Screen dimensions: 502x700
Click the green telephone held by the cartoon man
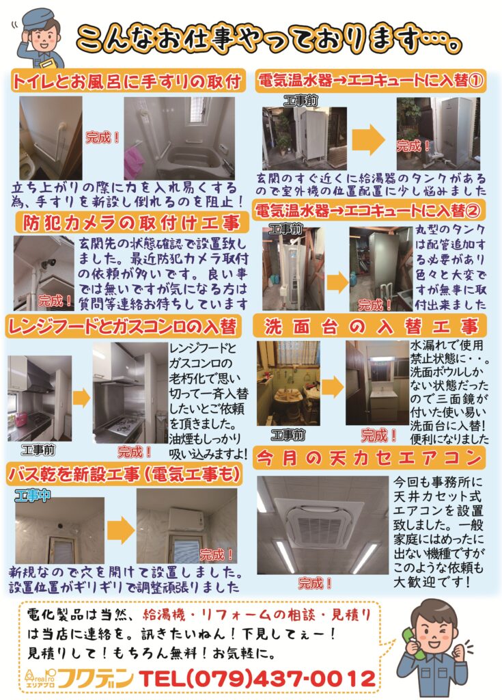tap(411, 643)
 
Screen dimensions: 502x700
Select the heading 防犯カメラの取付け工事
tap(131, 223)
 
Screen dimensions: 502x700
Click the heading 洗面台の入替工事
tap(370, 327)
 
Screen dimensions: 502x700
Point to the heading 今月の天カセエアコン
tap(369, 458)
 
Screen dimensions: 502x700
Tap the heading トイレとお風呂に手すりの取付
tap(127, 81)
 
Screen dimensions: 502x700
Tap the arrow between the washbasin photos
tap(333, 387)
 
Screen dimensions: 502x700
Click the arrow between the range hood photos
tap(82, 397)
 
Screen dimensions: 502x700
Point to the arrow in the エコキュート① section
tap(369, 139)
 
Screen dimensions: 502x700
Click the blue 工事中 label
tap(32, 496)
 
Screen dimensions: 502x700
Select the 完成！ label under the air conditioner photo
tap(315, 583)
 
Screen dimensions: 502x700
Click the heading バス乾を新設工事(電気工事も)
tap(125, 474)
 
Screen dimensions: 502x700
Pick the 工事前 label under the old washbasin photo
tap(288, 434)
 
